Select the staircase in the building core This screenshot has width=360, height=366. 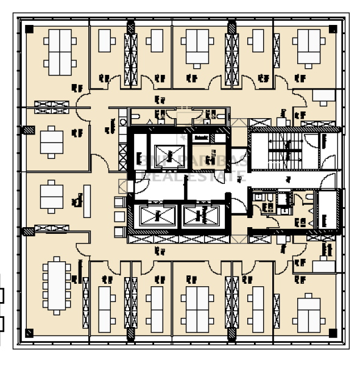coord(281,150)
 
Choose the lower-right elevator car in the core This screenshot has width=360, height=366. coord(202,214)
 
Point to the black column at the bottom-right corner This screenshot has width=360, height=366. coord(331,333)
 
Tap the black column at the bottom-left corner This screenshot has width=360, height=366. coord(29,333)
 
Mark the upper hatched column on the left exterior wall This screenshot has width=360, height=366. coord(27,130)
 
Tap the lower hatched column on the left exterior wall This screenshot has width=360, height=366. coord(27,231)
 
